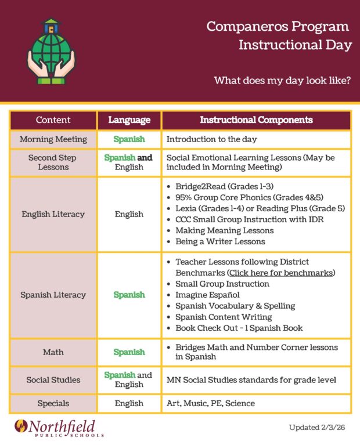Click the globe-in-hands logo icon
click(51, 52)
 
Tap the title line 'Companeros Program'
click(278, 26)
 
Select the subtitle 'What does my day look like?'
click(282, 80)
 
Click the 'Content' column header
click(53, 120)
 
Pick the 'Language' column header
click(129, 120)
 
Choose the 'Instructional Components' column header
click(256, 120)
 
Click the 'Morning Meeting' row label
click(53, 139)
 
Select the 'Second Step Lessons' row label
click(52, 162)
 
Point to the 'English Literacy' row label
click(53, 214)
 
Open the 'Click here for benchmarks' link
click(281, 273)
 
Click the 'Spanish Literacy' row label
click(53, 295)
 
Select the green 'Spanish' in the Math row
click(129, 352)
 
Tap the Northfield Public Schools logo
click(59, 428)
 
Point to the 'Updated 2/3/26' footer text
click(319, 428)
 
